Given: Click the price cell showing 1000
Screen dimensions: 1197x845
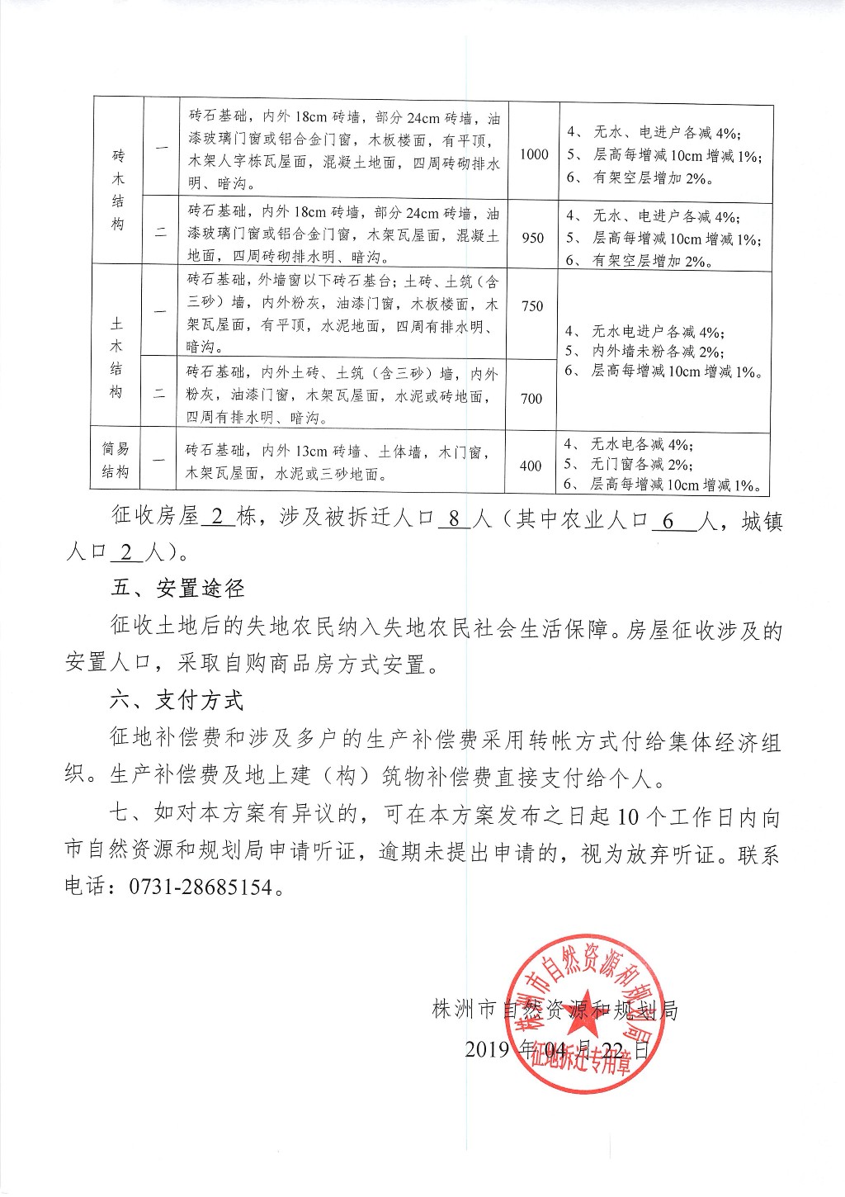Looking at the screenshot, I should pos(534,154).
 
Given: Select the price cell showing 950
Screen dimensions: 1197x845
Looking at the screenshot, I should pos(533,238).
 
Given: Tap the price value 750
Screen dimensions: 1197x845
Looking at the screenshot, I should pos(532,306).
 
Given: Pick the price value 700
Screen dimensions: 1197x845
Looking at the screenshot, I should pos(531,399).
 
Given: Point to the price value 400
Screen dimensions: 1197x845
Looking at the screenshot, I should pos(531,466).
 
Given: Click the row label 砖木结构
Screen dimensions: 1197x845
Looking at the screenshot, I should pos(118,190).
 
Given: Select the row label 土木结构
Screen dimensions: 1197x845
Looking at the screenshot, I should pos(116,357).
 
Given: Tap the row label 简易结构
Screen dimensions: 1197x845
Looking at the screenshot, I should pos(116,461).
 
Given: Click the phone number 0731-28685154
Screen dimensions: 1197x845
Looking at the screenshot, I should pos(201,887).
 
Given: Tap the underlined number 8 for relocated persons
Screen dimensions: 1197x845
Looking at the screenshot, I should pos(454,519).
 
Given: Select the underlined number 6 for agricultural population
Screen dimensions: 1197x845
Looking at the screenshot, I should pos(668,519).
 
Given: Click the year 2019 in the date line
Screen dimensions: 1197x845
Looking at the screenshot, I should pos(488,1049).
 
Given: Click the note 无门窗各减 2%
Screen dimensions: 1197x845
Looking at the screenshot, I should pos(642,464).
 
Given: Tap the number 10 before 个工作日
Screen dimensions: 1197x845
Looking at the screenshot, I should pos(628,817).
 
